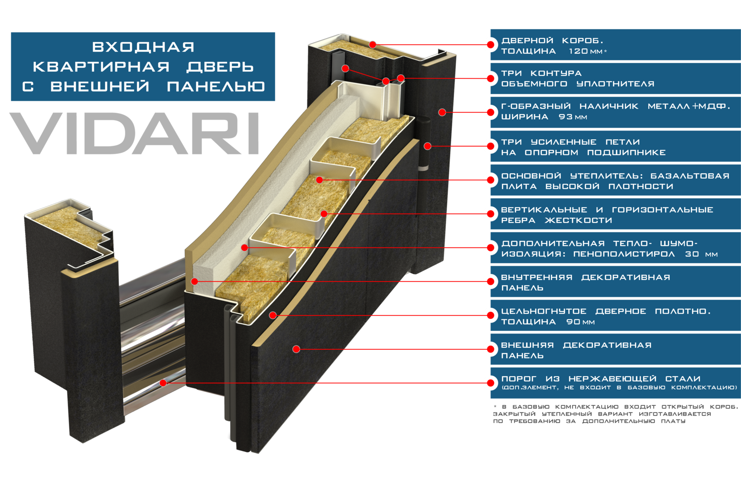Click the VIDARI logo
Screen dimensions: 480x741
134,133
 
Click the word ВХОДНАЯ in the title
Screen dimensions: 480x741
143,47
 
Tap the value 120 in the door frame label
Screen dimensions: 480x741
578,51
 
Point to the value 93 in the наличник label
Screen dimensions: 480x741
566,117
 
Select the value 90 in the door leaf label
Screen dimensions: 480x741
573,322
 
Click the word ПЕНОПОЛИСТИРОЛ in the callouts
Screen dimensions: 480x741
624,254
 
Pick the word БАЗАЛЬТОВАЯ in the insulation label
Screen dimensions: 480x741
690,176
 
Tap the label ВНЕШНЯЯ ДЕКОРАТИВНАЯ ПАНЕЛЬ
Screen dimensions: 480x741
576,350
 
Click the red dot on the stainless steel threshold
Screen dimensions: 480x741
163,382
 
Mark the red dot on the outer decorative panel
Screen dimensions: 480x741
296,349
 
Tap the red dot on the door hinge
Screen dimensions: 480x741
427,146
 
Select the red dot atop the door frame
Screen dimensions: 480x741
373,44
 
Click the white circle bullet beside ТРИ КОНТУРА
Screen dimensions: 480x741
490,79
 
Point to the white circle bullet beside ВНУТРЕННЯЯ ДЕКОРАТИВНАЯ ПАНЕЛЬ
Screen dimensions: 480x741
490,281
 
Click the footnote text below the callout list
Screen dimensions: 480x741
613,414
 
